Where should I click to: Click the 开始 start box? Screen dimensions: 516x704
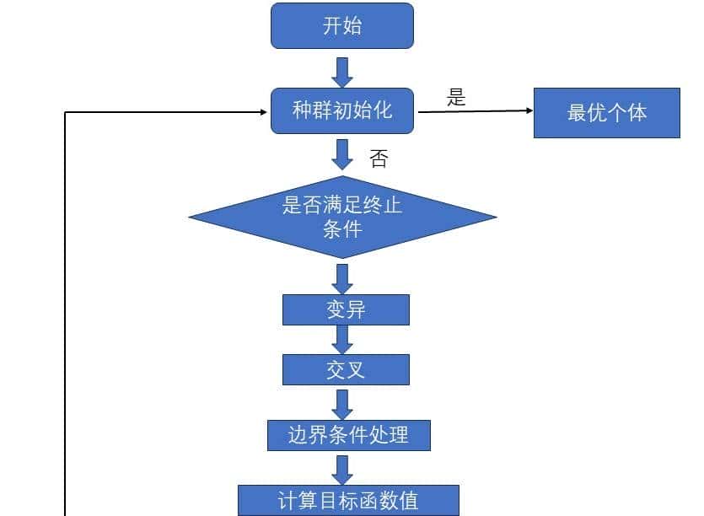point(341,25)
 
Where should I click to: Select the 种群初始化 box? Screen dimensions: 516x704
point(341,110)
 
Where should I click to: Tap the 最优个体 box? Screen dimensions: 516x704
point(606,113)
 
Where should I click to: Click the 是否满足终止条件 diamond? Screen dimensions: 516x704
point(341,217)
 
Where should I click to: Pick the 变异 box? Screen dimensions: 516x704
point(346,309)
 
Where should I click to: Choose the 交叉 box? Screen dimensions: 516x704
point(346,369)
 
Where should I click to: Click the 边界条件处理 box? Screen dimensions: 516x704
point(348,435)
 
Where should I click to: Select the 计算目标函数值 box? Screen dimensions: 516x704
point(348,500)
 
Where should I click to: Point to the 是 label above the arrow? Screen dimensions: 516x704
point(456,98)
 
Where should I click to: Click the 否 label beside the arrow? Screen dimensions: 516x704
point(379,159)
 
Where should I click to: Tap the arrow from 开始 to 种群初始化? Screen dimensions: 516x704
point(341,72)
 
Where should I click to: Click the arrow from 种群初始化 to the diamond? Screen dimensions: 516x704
point(341,154)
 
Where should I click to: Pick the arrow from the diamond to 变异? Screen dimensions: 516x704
point(341,278)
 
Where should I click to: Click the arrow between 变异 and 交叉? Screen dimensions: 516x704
point(341,339)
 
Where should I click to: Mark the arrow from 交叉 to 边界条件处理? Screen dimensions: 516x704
point(341,403)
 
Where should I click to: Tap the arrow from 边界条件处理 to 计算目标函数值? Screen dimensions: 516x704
point(341,469)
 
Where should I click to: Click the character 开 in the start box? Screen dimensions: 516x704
point(331,25)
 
